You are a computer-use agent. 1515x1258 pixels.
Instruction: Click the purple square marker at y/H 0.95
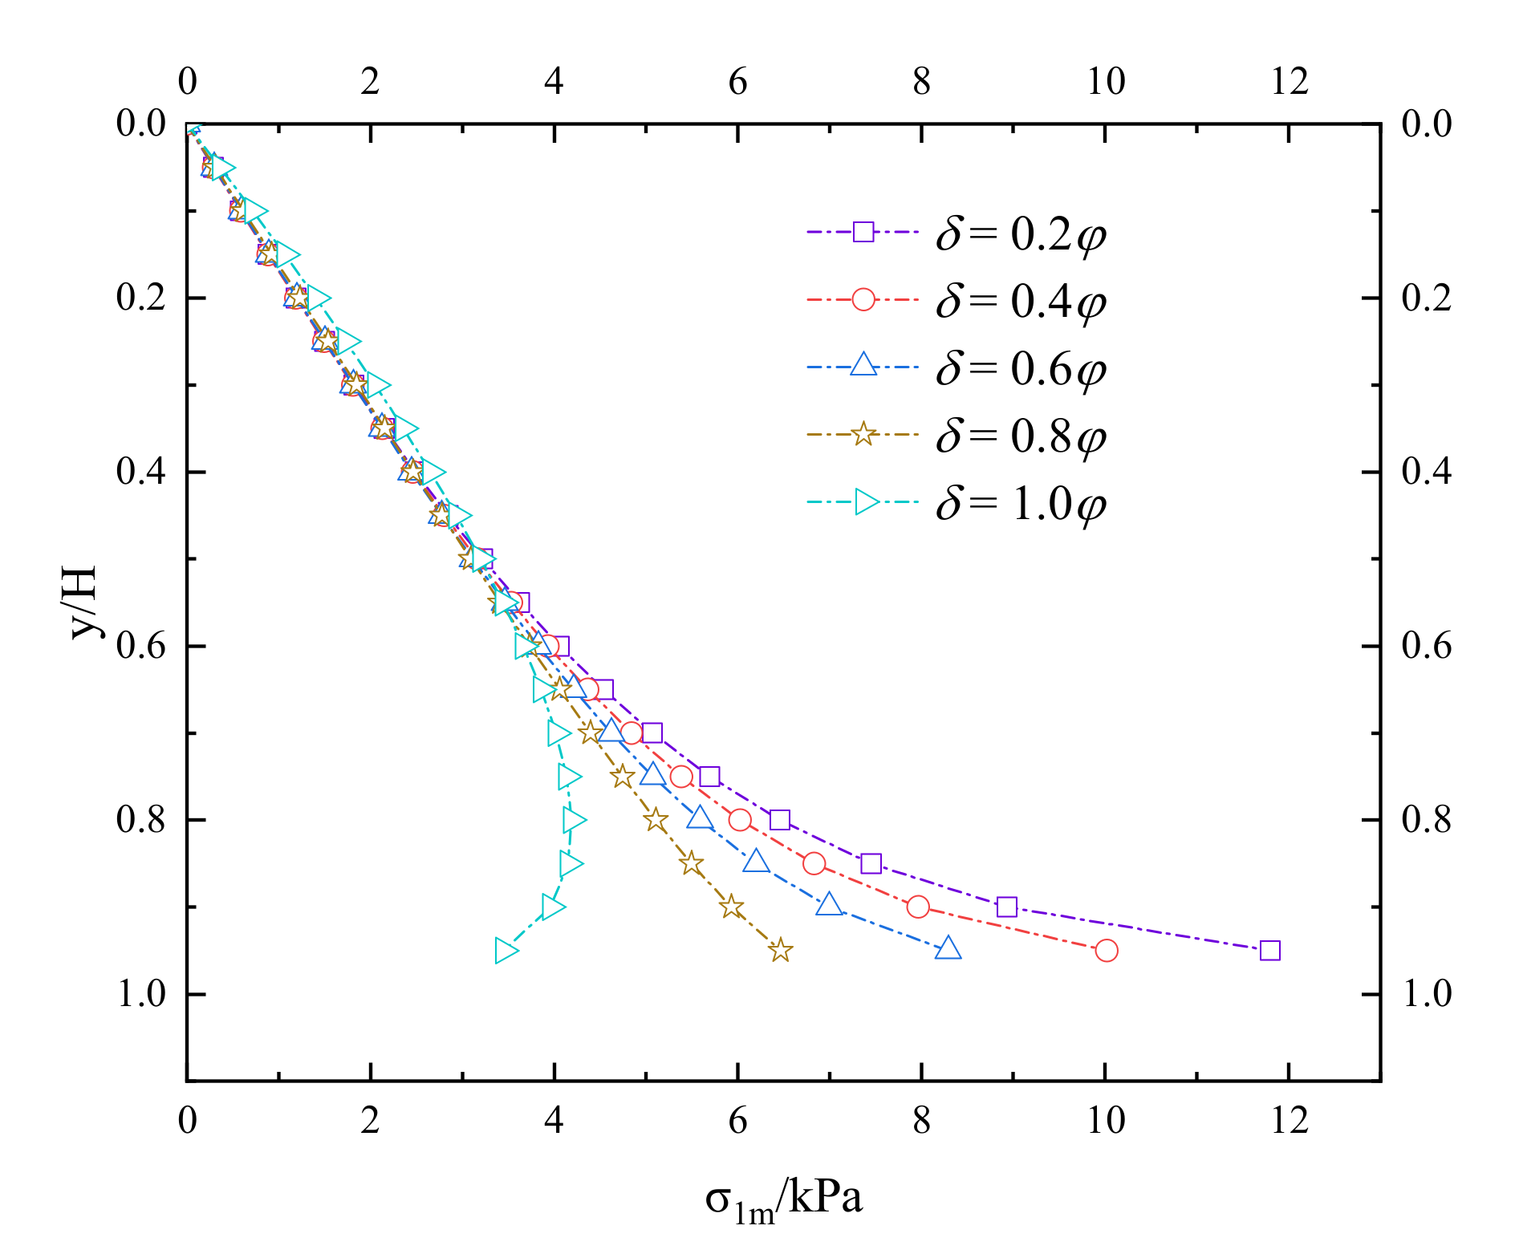tap(1269, 951)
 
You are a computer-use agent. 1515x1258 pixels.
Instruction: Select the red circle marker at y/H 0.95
tap(1107, 951)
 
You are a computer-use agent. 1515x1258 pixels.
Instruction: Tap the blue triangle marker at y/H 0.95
tap(948, 949)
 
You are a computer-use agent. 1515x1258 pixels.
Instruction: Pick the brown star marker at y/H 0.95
tap(780, 951)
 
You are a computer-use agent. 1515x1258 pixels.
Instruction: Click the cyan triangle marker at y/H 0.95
tap(506, 951)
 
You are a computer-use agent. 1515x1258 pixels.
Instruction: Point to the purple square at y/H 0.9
tap(1006, 907)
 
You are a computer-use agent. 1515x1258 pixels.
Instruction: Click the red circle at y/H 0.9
tap(918, 907)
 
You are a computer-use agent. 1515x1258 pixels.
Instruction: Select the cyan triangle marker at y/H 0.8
tap(573, 820)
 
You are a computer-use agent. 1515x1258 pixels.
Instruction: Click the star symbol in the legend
tap(863, 435)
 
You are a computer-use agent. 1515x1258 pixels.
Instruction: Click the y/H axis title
tap(83, 602)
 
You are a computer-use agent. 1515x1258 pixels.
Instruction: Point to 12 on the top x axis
tap(1289, 81)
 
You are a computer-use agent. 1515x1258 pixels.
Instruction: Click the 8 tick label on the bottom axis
tap(921, 1120)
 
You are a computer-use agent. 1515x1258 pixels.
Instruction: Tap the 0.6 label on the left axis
tap(140, 646)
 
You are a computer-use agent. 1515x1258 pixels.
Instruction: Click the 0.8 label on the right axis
tap(1427, 820)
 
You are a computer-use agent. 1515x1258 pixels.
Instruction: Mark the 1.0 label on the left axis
tap(140, 994)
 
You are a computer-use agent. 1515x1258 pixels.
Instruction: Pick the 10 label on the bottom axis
tap(1105, 1120)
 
